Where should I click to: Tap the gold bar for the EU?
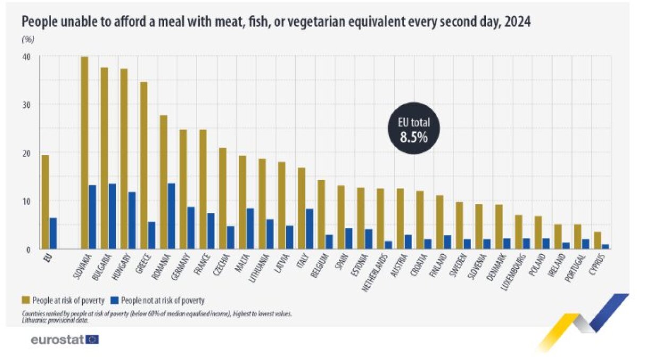45,202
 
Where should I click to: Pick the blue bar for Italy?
309,229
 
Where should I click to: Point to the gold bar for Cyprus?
597,241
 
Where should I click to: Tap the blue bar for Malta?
250,229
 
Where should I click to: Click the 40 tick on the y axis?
27,57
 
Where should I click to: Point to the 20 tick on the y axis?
27,153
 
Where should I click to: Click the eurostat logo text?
57,339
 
